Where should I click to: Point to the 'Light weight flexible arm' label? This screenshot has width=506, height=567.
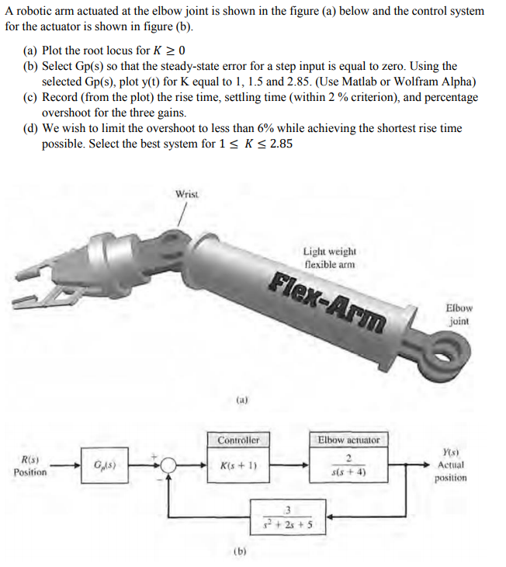(329, 257)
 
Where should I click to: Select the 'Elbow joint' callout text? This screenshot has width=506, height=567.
(459, 314)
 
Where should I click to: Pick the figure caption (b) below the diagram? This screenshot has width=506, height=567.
(241, 553)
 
